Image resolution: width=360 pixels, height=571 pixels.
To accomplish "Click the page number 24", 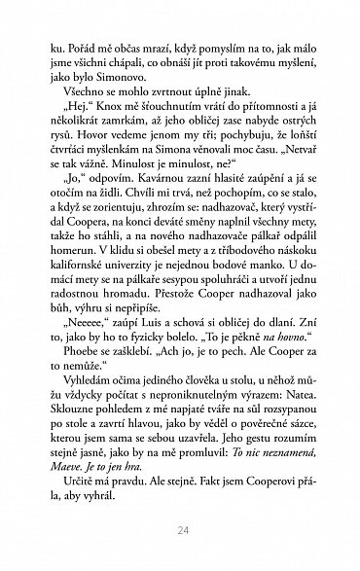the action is tap(181, 530).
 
